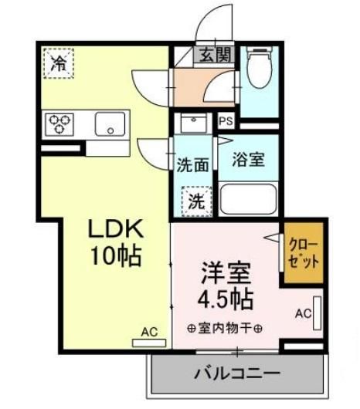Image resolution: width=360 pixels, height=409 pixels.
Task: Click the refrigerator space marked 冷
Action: (59, 63)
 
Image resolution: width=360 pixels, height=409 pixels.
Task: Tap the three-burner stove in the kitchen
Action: (59, 124)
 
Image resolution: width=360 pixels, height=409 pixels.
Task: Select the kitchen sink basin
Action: (110, 124)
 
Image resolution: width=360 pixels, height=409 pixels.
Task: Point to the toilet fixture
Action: (260, 67)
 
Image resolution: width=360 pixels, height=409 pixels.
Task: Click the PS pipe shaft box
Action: (226, 121)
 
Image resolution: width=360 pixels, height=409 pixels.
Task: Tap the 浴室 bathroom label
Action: (249, 160)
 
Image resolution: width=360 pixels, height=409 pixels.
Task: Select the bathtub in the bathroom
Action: (248, 199)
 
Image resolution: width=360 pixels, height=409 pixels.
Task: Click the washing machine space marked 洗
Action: (196, 201)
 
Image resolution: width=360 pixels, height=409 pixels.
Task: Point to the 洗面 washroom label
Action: (193, 165)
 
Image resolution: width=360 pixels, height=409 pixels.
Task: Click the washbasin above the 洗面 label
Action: (193, 123)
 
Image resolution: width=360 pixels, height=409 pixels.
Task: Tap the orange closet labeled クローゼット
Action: (304, 252)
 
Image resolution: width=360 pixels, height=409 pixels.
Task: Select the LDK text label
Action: (116, 228)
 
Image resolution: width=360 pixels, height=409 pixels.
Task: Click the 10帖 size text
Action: (116, 255)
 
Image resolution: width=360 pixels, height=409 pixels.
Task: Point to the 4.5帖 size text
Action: (226, 299)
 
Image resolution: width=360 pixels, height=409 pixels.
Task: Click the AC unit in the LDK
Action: (149, 343)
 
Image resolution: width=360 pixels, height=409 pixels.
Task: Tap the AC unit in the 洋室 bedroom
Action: (318, 313)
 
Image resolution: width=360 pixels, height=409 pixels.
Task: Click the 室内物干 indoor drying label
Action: (225, 328)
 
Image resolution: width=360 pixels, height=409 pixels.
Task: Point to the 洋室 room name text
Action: (226, 273)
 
